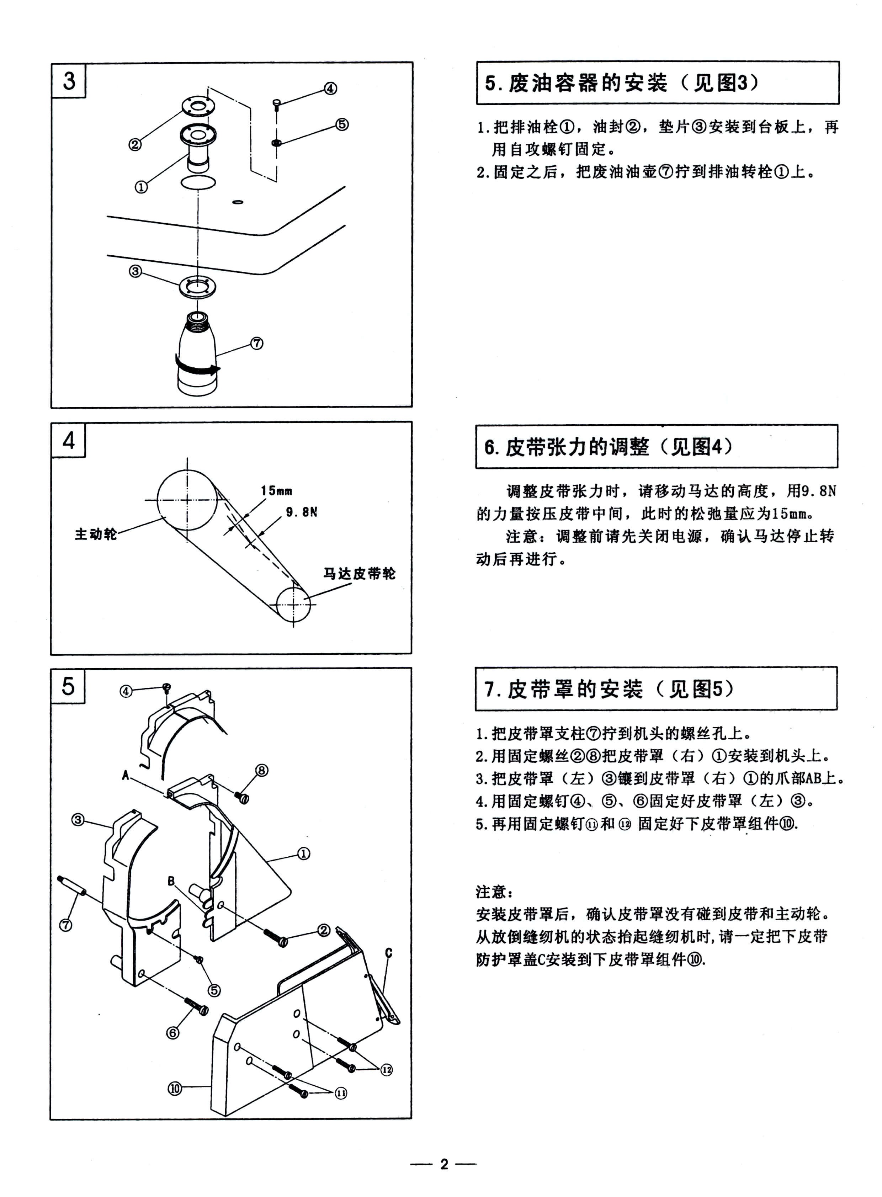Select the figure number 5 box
point(68,686)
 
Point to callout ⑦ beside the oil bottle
point(257,343)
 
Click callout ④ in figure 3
point(330,88)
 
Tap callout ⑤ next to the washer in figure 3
point(342,124)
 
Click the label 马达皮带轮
point(359,573)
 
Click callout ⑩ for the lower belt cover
point(175,1089)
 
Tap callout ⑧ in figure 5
point(262,770)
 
